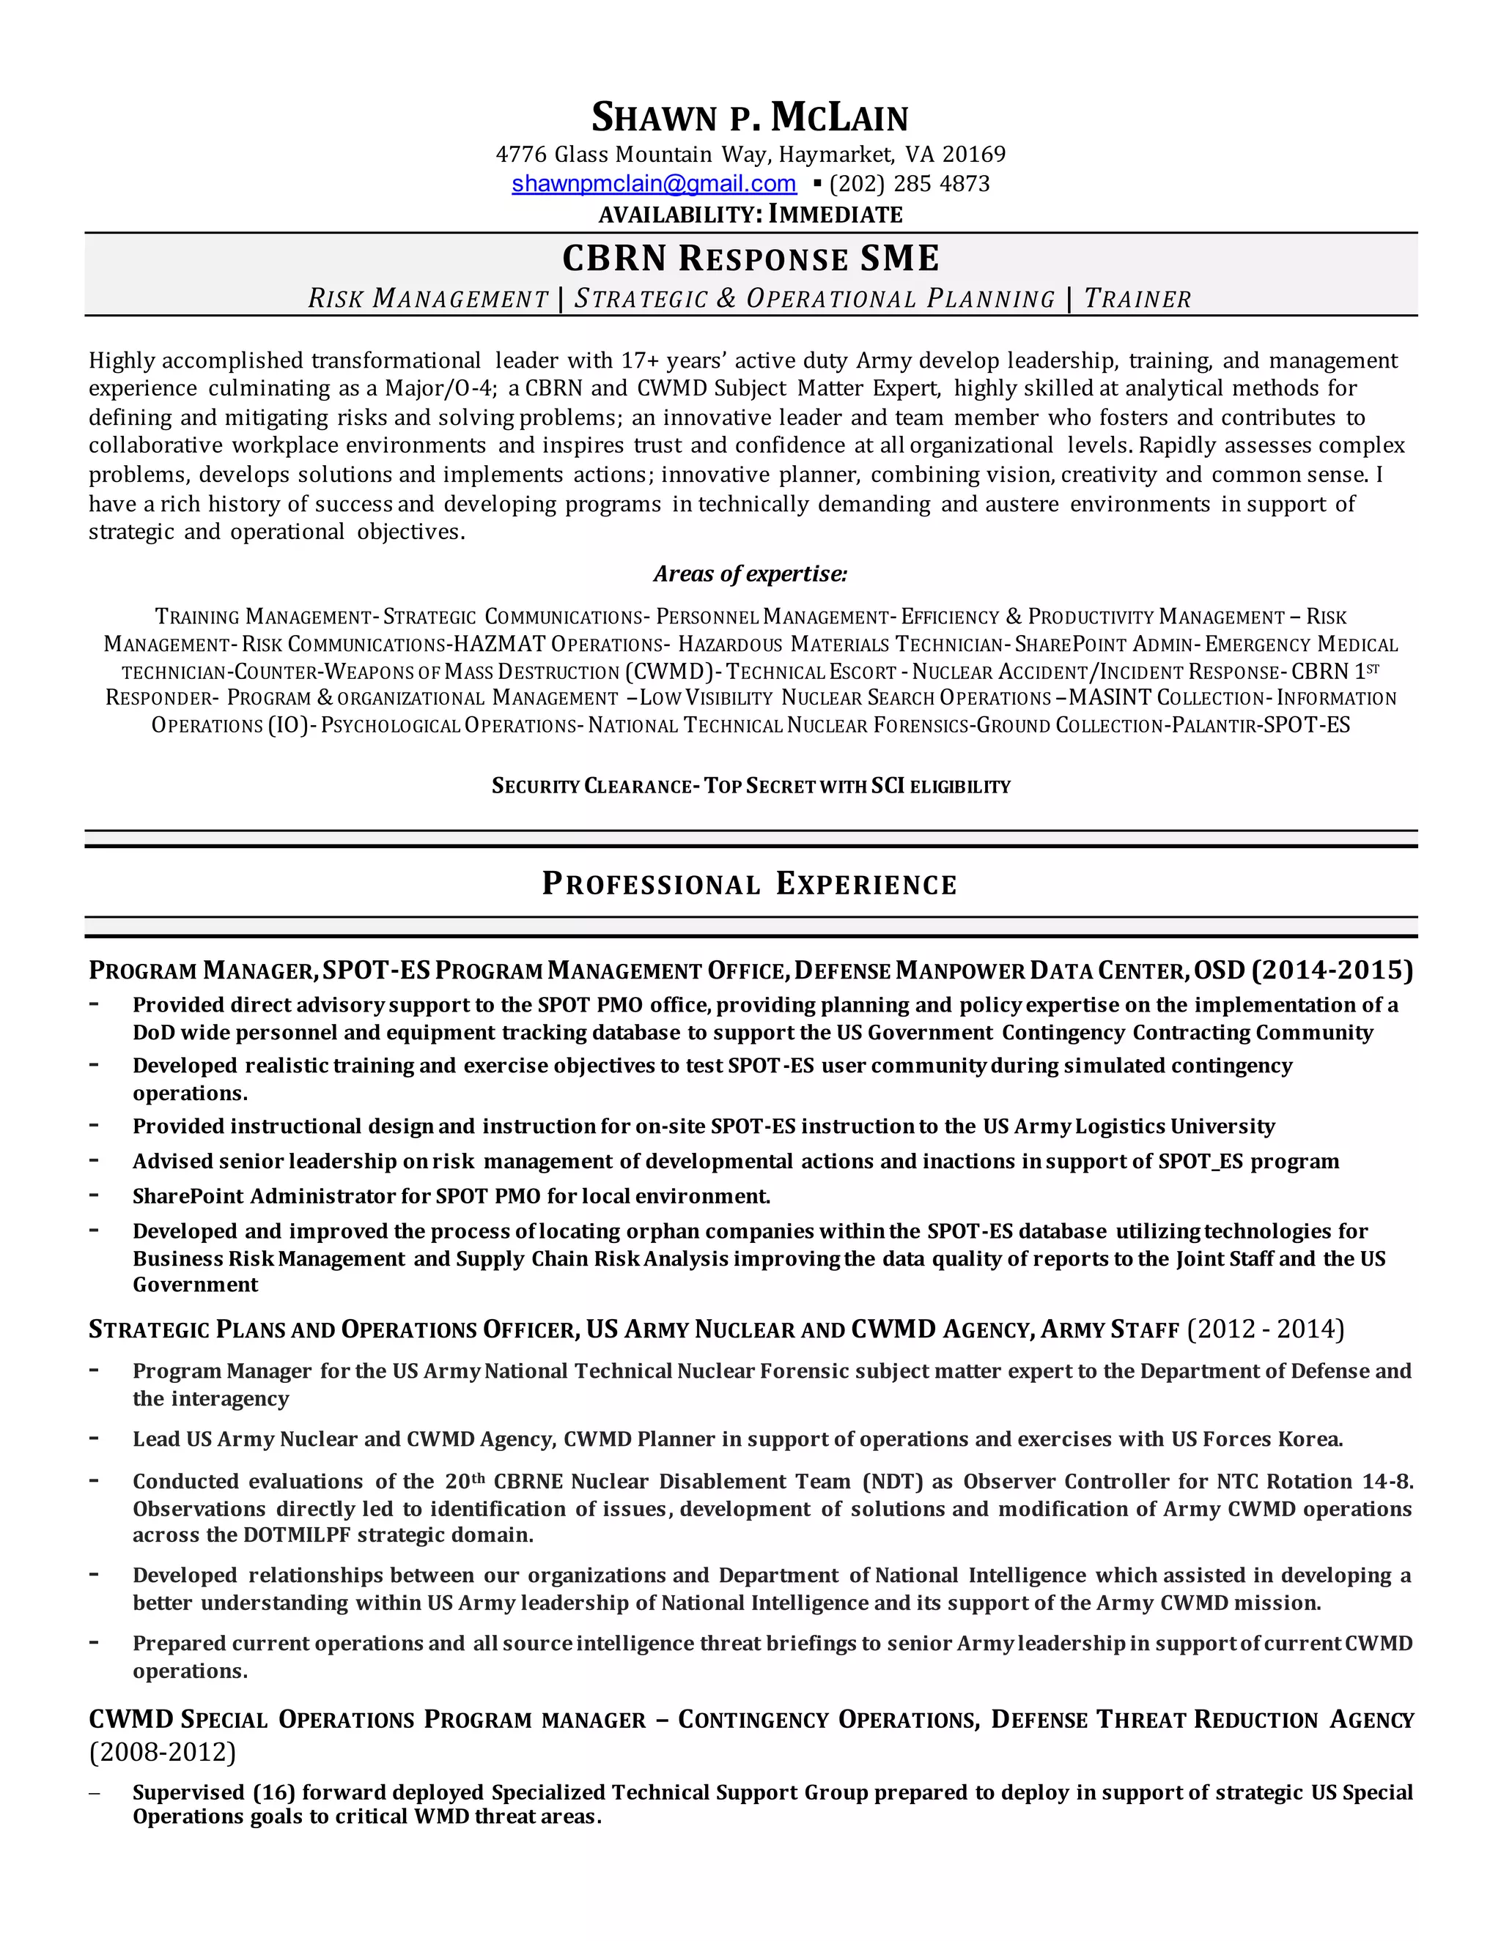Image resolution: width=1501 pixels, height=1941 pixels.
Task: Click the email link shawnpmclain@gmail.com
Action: [x=654, y=184]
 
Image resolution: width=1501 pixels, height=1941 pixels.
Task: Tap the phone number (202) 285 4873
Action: [x=909, y=184]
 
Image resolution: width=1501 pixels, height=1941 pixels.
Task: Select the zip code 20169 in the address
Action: [x=974, y=155]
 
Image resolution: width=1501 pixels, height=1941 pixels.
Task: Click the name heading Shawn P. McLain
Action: [x=750, y=117]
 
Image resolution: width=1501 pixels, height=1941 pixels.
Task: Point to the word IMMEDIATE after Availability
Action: [x=835, y=214]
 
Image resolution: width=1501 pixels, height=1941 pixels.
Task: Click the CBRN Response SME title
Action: [x=750, y=259]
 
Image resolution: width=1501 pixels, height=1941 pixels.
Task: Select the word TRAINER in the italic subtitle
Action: [x=1137, y=299]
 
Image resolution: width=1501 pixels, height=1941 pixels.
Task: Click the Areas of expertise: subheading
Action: [x=750, y=574]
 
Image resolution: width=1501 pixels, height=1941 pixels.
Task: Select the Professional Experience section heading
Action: [x=750, y=884]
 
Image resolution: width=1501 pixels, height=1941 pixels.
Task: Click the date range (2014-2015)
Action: [x=1331, y=970]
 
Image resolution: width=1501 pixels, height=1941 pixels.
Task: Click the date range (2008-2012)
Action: [x=163, y=1752]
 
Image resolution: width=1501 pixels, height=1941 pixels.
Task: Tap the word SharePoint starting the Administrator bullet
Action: [x=187, y=1196]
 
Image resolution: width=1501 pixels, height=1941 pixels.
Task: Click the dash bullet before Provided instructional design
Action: [x=93, y=1125]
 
